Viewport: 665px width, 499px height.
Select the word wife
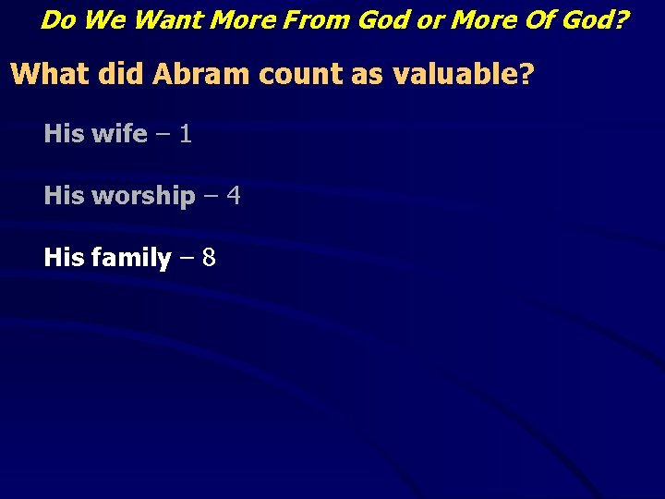click(x=119, y=134)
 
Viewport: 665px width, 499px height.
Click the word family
click(x=131, y=258)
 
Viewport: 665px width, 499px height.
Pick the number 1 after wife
click(x=186, y=134)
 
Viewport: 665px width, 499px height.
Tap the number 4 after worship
click(x=234, y=196)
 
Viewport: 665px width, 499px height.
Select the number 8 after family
click(x=209, y=258)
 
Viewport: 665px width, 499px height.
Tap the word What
click(x=48, y=74)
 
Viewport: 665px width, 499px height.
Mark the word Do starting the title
click(x=57, y=19)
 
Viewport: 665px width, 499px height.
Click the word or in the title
click(x=429, y=19)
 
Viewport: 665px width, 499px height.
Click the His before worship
click(x=64, y=196)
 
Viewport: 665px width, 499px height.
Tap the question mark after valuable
click(x=527, y=74)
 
